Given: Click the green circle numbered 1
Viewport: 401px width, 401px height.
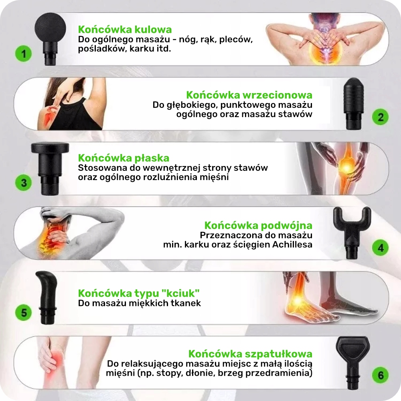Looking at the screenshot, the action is [24, 54].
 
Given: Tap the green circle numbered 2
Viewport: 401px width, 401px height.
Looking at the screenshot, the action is [380, 117].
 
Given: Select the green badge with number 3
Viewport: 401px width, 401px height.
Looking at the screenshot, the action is [24, 182].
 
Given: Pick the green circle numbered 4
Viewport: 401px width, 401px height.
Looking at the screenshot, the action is [380, 247].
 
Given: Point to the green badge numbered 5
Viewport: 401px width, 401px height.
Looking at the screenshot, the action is [24, 312].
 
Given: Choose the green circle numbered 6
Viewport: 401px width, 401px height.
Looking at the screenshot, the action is [380, 375].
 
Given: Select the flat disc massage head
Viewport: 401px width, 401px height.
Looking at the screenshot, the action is [50, 168].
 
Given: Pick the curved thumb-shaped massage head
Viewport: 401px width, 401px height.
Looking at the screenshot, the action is [47, 298].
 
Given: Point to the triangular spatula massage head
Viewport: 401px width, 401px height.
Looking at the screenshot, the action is [353, 362].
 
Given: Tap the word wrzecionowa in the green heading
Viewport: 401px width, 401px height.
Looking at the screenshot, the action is [277, 95].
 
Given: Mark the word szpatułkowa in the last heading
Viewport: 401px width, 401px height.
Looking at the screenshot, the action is [279, 354].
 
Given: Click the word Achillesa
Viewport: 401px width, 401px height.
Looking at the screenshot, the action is [292, 245].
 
